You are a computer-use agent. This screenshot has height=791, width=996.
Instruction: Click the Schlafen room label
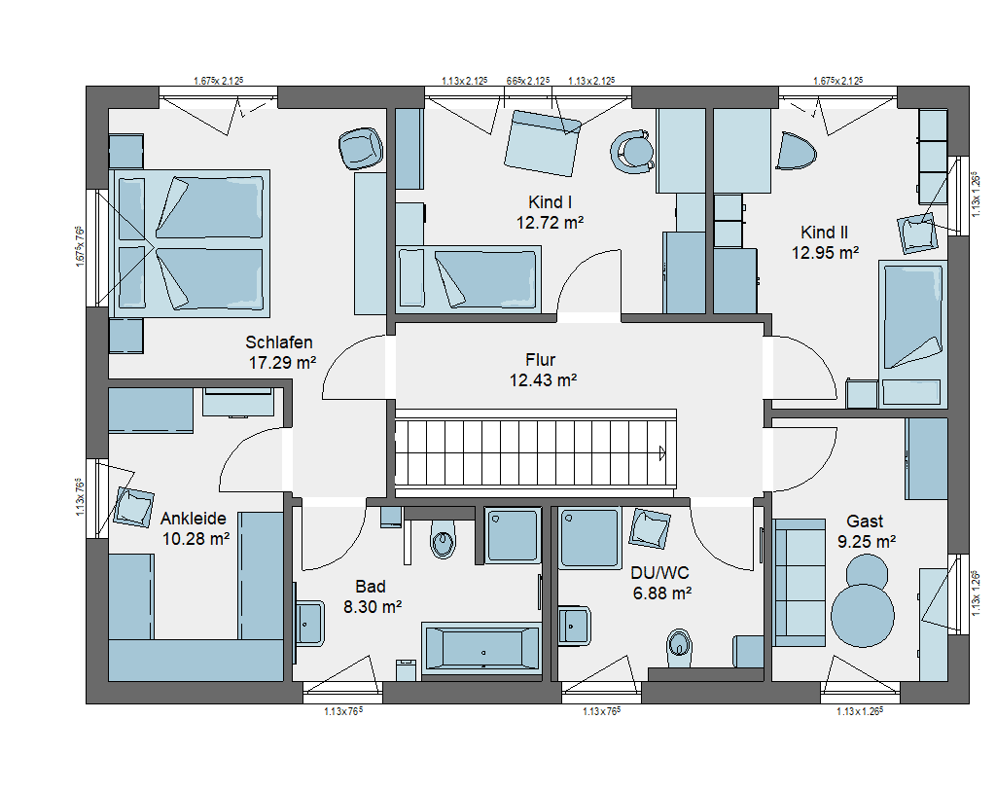click(279, 342)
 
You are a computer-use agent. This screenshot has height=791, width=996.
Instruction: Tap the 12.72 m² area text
click(550, 223)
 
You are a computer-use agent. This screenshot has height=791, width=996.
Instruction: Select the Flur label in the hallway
click(541, 360)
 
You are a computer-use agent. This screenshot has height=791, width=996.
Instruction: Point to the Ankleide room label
click(194, 519)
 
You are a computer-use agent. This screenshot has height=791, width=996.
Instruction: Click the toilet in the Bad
click(443, 540)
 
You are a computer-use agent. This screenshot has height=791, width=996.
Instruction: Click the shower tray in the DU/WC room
click(589, 537)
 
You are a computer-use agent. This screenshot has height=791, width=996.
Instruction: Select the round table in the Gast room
click(863, 615)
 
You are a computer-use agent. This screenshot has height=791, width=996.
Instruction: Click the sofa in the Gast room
click(800, 582)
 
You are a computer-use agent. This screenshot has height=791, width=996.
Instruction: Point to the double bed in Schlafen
click(190, 243)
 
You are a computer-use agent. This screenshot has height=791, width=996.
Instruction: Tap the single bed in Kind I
click(469, 279)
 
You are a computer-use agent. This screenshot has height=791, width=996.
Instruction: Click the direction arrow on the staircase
click(662, 453)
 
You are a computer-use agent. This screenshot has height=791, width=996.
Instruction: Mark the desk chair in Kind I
click(632, 153)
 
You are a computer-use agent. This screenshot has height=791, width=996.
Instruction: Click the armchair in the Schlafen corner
click(361, 149)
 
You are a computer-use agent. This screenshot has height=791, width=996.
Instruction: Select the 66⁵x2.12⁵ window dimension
click(528, 81)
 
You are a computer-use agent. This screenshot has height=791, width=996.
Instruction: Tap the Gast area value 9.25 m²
click(867, 542)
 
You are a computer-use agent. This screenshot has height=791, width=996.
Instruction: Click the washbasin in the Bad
click(309, 623)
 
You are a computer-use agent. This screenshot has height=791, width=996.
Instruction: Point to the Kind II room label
click(824, 233)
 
